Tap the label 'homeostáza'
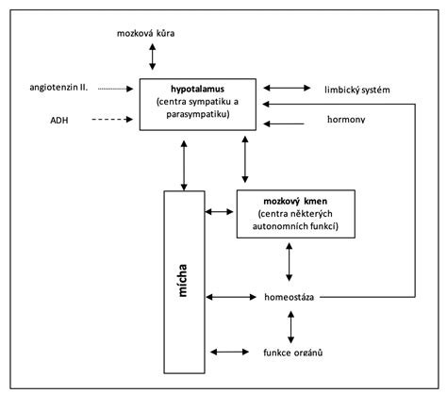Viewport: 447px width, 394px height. pyautogui.click(x=290, y=297)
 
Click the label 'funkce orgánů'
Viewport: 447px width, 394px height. pyautogui.click(x=293, y=352)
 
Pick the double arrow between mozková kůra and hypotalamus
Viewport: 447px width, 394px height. pyautogui.click(x=153, y=58)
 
